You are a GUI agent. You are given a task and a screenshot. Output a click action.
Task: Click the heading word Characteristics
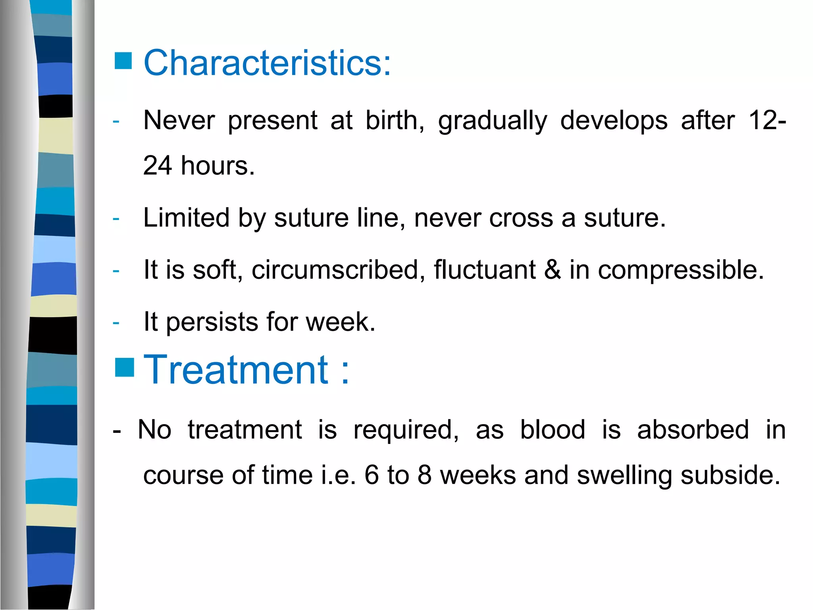267,63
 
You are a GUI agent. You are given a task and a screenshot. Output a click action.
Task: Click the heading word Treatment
236,370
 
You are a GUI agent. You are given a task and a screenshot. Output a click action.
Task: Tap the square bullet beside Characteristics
123,61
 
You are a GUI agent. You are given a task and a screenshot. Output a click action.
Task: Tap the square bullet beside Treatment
124,367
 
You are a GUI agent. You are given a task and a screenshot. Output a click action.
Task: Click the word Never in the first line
179,120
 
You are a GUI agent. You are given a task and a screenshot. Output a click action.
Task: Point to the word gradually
492,121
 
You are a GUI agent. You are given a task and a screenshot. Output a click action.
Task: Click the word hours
218,166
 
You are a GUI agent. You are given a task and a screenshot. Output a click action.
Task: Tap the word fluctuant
484,270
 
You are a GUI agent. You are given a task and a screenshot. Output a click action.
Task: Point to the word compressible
680,270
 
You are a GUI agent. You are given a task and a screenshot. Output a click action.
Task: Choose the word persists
212,322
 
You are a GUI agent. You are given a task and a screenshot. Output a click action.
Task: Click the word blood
553,430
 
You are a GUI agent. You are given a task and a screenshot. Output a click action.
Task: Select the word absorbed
693,430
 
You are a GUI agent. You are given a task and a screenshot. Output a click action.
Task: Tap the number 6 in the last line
372,475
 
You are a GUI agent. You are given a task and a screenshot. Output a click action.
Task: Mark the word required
406,430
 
